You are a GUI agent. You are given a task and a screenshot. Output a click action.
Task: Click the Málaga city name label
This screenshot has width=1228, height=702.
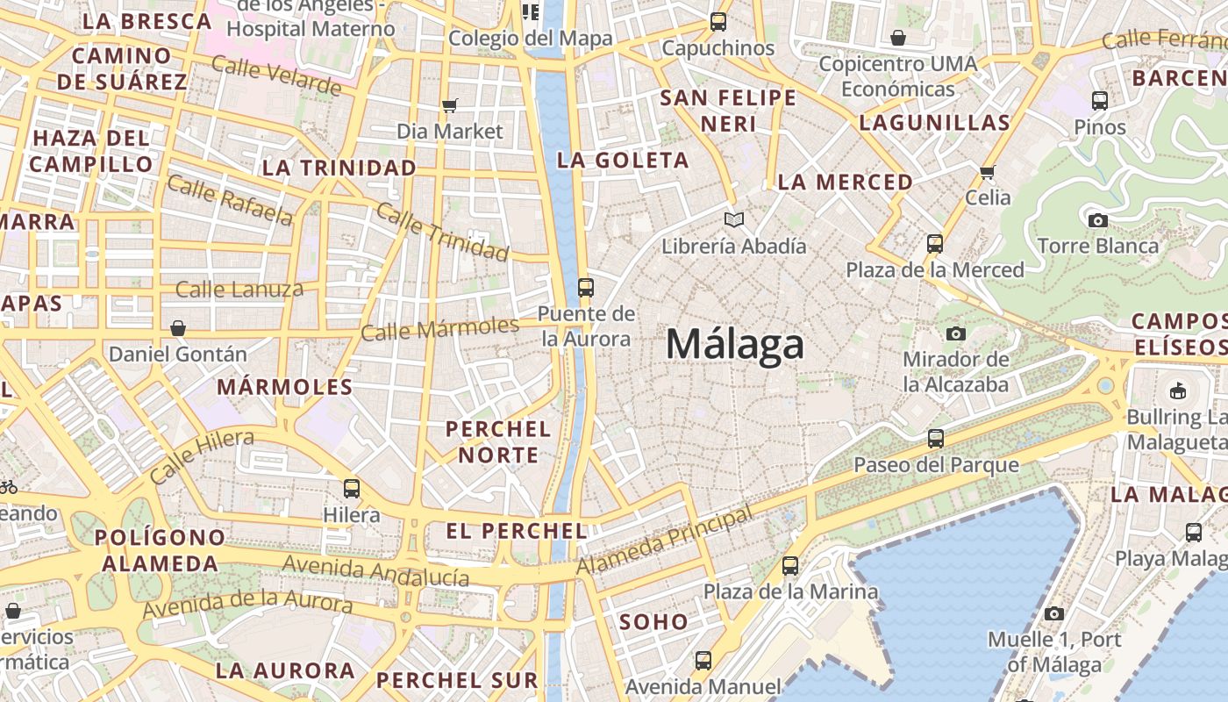734,344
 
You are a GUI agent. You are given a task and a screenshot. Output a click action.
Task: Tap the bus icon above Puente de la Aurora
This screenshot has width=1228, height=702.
586,287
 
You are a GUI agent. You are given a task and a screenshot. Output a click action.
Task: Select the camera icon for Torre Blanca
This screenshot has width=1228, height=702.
1097,220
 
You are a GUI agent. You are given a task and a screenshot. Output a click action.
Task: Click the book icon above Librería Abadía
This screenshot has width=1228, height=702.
733,219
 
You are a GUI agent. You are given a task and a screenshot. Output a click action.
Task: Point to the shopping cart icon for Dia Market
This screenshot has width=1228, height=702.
450,106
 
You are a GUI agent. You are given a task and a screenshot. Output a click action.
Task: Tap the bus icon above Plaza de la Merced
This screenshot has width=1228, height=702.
935,243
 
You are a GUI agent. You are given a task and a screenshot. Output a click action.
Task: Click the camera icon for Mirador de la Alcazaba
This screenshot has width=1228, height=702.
955,333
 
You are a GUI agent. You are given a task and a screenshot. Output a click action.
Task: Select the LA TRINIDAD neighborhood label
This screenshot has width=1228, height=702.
339,168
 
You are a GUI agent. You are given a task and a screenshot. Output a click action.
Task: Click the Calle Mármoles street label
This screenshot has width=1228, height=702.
439,330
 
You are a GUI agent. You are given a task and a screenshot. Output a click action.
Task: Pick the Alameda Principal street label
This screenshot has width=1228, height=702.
664,542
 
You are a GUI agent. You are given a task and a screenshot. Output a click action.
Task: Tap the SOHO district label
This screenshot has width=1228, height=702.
654,622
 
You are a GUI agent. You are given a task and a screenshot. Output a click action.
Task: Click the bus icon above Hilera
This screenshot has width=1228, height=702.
352,488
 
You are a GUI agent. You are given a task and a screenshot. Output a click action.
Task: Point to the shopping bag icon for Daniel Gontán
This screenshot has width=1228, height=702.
178,328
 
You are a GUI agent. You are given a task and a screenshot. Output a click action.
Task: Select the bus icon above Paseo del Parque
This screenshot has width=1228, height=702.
936,438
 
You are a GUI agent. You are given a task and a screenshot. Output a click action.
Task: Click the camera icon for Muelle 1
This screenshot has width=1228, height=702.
1054,613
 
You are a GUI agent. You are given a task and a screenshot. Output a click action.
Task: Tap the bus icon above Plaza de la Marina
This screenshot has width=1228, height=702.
790,566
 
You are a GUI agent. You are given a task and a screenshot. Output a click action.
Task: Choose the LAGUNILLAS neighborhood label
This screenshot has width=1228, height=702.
935,123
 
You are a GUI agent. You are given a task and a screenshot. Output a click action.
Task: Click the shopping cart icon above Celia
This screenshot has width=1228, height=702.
988,172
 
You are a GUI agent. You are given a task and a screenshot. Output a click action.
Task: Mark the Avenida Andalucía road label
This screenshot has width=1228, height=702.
375,571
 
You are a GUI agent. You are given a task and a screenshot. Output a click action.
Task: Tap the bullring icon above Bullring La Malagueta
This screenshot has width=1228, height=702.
1177,390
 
